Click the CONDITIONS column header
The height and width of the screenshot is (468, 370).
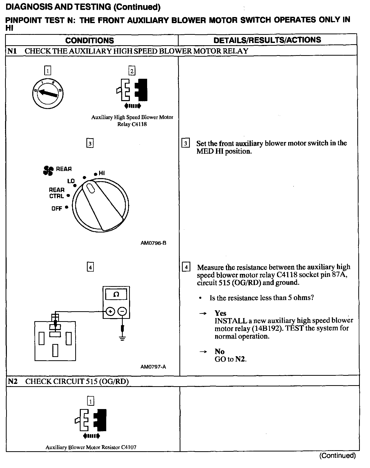[x=90, y=40]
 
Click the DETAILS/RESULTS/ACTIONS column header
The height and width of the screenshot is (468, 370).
[x=267, y=40]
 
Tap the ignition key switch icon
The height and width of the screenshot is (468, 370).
[x=48, y=93]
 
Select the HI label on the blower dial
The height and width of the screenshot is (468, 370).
[x=102, y=173]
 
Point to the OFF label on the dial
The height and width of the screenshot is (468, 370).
[x=57, y=209]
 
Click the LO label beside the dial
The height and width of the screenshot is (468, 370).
[x=71, y=181]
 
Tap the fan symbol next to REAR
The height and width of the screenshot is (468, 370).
[x=48, y=170]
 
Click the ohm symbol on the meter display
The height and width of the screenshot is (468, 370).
[x=116, y=294]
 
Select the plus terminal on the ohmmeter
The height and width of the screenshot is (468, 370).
[x=110, y=311]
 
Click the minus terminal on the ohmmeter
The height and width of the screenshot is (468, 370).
[x=122, y=311]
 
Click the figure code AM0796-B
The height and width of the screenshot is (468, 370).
[x=153, y=243]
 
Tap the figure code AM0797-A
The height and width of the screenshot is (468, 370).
[x=153, y=367]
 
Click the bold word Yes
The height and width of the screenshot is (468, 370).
[x=220, y=313]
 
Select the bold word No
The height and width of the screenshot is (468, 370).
[x=219, y=351]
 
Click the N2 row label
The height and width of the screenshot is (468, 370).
[x=13, y=381]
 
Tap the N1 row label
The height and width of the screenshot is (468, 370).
[x=12, y=51]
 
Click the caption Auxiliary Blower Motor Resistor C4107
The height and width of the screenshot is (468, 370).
[x=91, y=447]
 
